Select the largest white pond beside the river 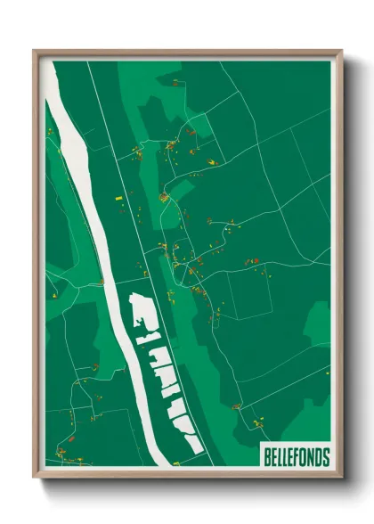[x=143, y=312]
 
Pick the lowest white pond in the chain [x=188, y=438]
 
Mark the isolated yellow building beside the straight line [x=118, y=194]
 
